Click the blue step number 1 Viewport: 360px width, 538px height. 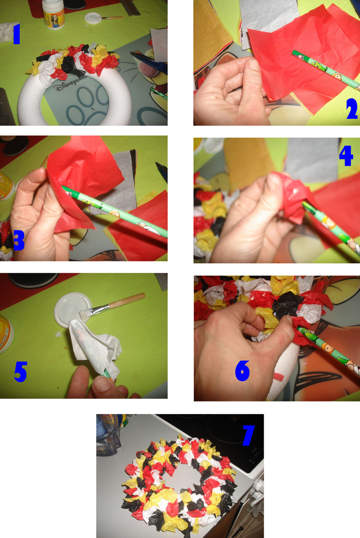click(x=16, y=34)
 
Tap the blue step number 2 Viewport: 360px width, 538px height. click(x=352, y=109)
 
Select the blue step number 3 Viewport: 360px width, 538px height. click(x=18, y=240)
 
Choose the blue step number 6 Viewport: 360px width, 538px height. click(x=243, y=371)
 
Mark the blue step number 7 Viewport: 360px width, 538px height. click(x=248, y=435)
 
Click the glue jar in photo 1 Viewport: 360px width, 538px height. click(x=54, y=14)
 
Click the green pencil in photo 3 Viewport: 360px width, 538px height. click(x=114, y=211)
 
